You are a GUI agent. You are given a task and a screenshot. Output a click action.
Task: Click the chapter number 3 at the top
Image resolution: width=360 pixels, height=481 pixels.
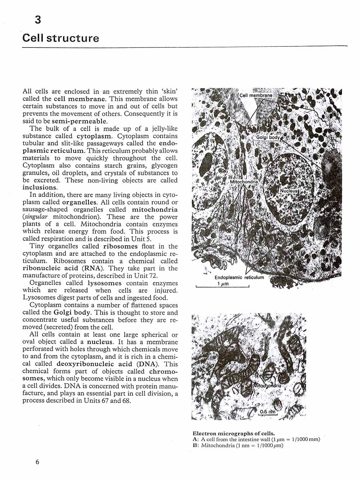click(x=38, y=20)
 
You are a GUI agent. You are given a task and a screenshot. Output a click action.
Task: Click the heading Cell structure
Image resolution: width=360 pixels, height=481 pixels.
click(x=60, y=38)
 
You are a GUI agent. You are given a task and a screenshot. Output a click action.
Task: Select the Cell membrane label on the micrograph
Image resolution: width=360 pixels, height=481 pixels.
click(x=256, y=96)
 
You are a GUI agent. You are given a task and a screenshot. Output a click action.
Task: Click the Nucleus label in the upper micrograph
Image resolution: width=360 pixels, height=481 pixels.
click(x=289, y=190)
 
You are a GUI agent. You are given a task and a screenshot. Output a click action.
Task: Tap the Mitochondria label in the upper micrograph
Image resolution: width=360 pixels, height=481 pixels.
click(x=244, y=182)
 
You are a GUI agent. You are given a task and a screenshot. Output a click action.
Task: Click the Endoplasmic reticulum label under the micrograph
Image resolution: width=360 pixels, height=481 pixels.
click(x=239, y=277)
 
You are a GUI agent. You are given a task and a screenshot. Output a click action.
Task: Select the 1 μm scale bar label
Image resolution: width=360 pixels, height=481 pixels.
click(x=222, y=283)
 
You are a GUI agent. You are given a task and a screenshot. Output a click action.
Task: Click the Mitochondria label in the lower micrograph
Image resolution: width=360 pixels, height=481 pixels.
click(x=267, y=385)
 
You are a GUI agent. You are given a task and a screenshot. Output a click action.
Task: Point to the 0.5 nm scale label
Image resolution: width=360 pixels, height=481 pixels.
click(x=267, y=412)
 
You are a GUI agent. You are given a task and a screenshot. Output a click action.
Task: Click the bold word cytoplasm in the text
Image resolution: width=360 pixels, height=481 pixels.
click(x=94, y=136)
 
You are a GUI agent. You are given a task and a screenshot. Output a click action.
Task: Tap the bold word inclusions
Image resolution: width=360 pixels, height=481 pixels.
click(x=40, y=187)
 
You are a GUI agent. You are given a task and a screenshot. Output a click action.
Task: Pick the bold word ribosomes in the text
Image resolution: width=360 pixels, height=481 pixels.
click(x=120, y=246)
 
